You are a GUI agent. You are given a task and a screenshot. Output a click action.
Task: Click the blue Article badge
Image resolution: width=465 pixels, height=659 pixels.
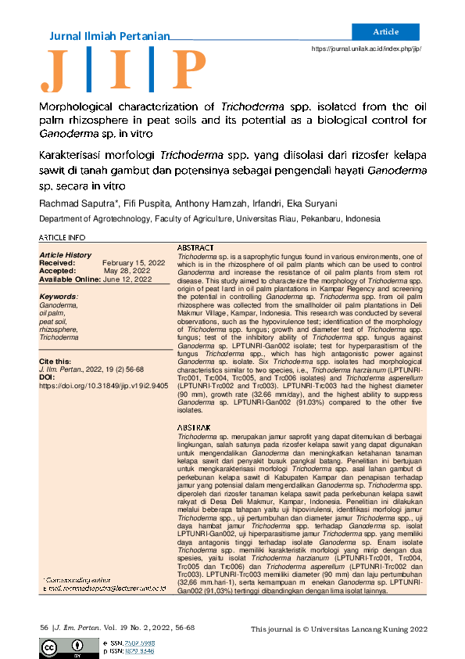[x=386, y=32]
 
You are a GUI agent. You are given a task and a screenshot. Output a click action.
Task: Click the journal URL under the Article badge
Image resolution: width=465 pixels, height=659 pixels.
[x=367, y=49]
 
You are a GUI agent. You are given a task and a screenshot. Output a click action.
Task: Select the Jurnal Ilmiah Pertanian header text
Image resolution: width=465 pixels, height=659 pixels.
[x=109, y=36]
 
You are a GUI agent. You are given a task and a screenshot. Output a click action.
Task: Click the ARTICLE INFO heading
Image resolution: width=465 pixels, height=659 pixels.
[x=63, y=237]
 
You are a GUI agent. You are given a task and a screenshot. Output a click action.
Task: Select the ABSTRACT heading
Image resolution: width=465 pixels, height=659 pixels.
[x=197, y=247]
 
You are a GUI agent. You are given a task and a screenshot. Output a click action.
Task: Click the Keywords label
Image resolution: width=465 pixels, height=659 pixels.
[x=59, y=297]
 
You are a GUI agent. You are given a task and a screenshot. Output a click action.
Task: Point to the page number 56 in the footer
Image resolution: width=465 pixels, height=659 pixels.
[x=44, y=628]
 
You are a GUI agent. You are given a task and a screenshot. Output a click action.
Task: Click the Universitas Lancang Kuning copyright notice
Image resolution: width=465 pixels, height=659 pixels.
[x=339, y=629]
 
